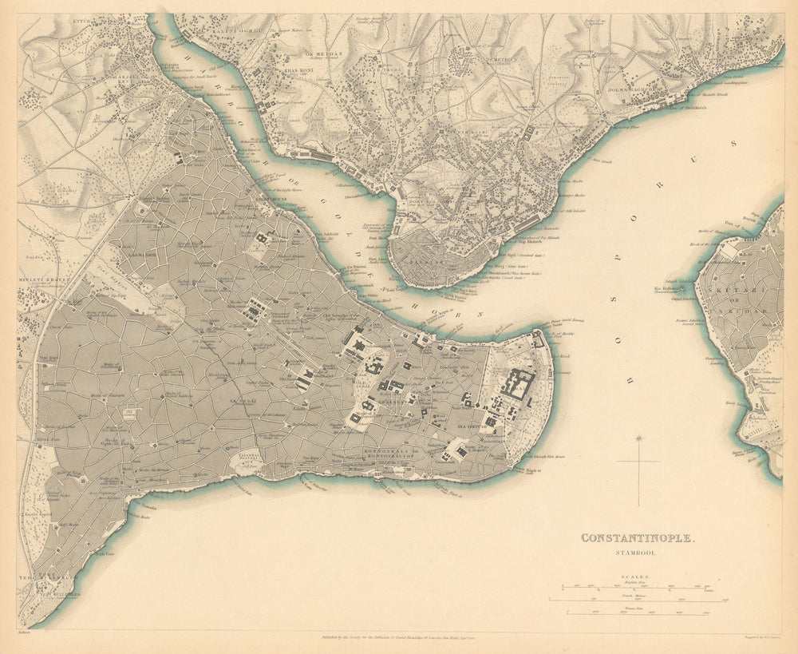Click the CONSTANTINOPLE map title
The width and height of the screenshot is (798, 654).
pos(638,538)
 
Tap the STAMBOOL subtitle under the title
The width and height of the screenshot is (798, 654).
pos(638,552)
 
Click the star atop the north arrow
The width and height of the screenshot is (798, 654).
pos(638,438)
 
